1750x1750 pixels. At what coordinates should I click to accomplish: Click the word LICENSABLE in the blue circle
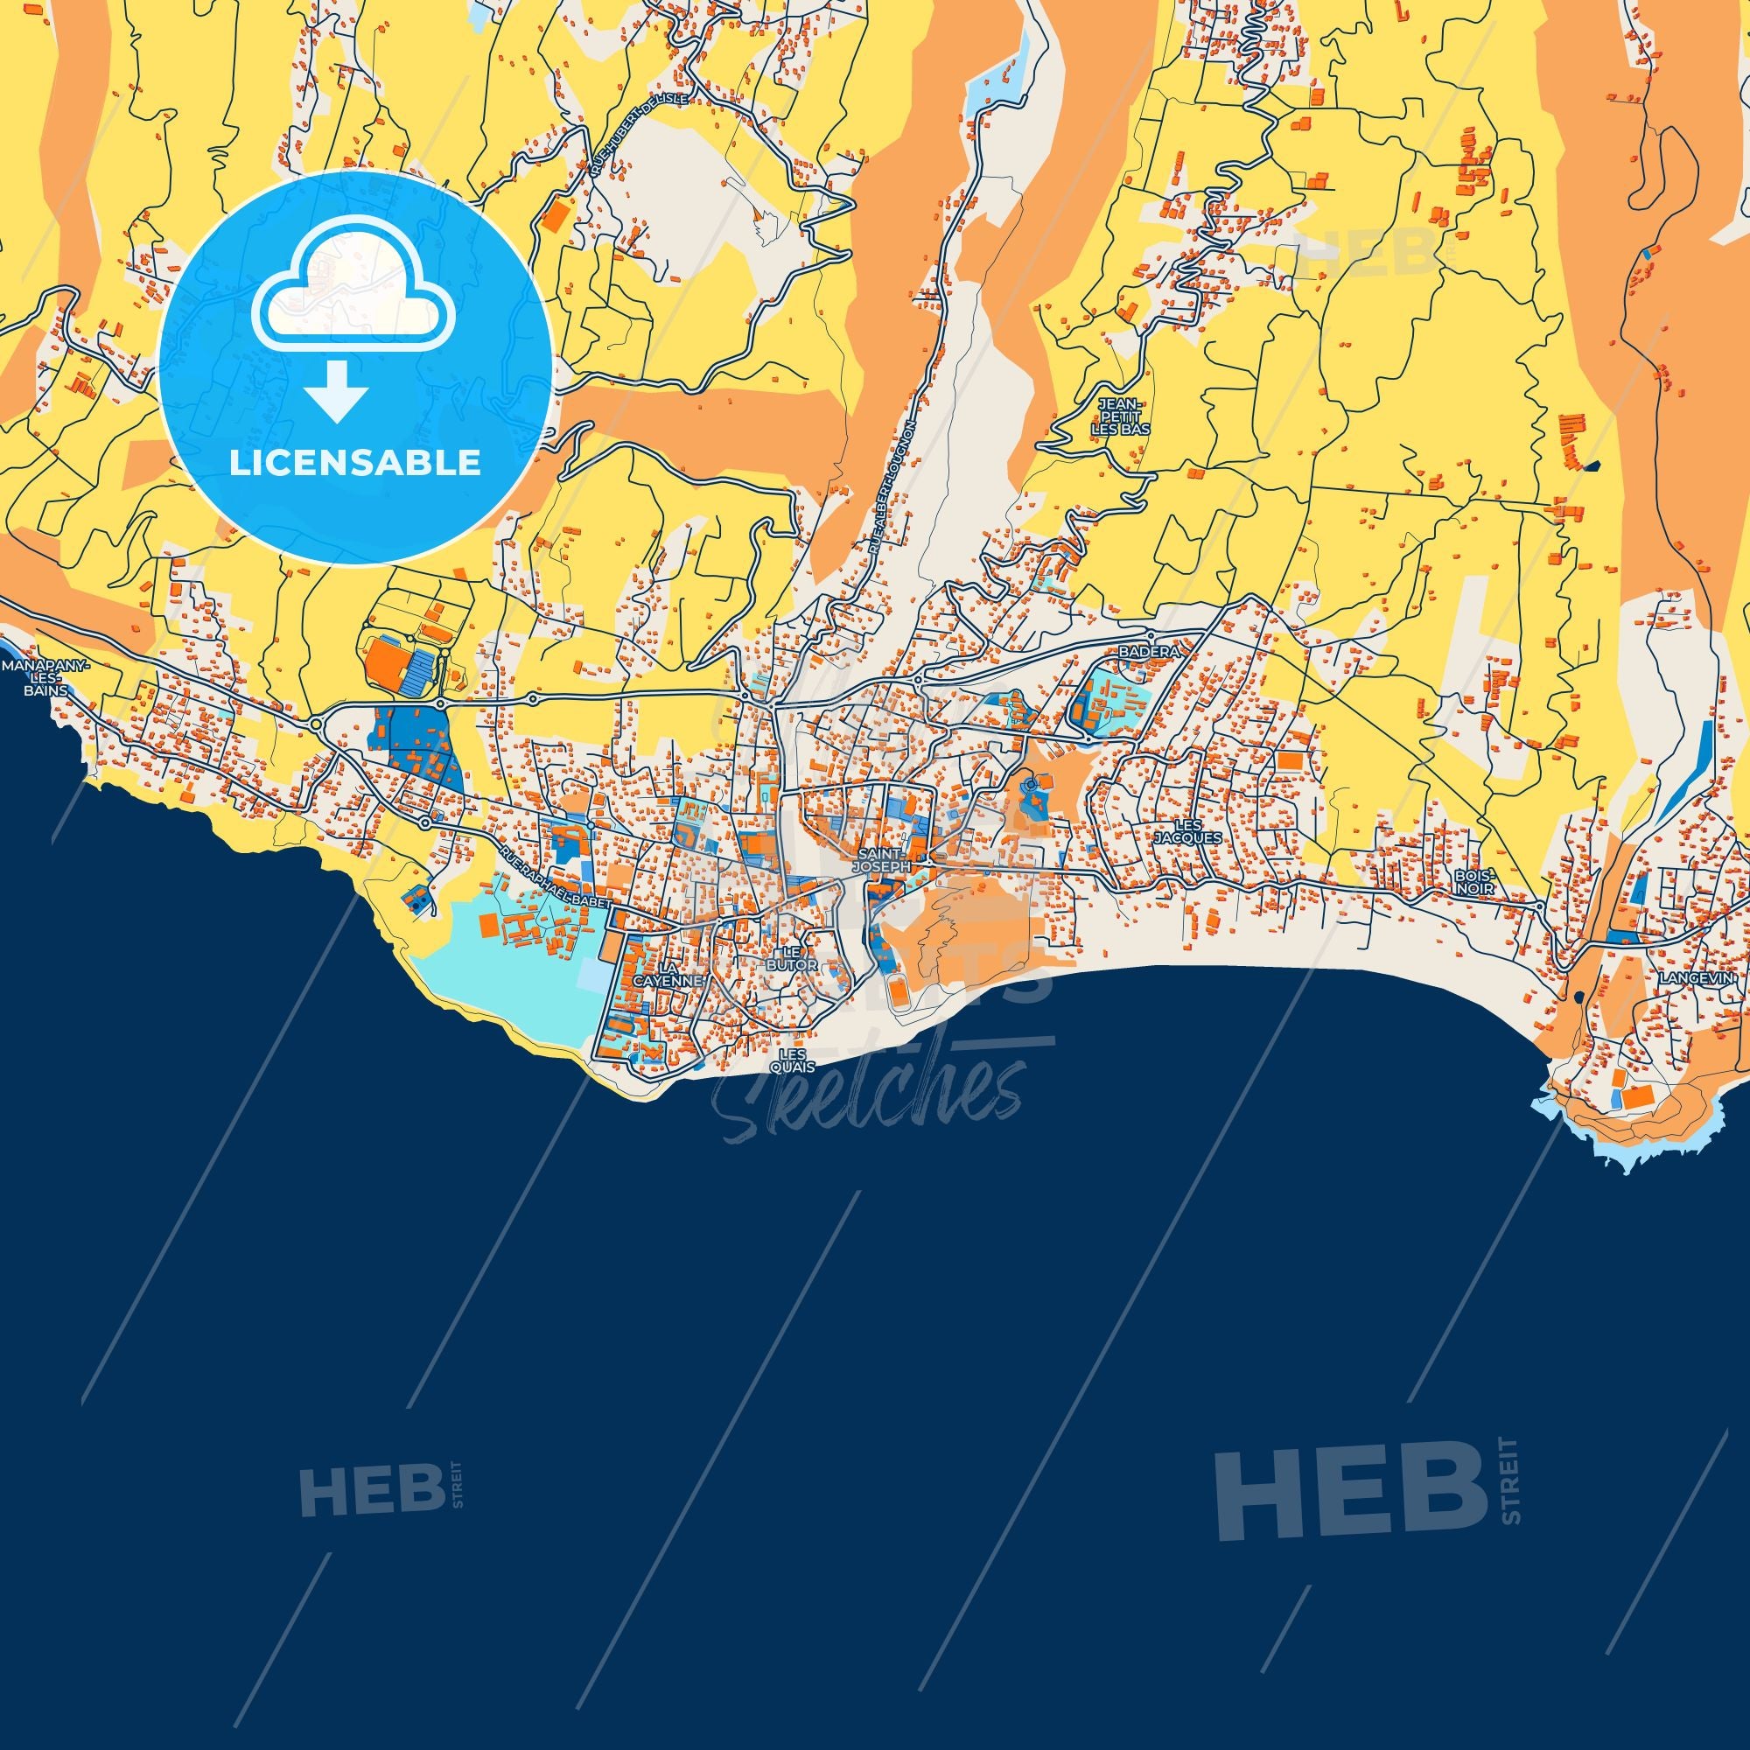354,463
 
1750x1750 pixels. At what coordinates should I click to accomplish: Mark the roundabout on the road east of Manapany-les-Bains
318,724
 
